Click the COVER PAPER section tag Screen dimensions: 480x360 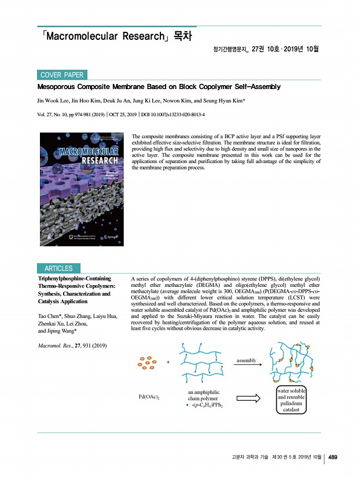pyautogui.click(x=61, y=75)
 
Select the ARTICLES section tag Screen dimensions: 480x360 pyautogui.click(x=58, y=268)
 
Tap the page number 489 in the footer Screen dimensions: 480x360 pyautogui.click(x=333, y=457)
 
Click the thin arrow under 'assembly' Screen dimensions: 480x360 pyautogui.click(x=247, y=365)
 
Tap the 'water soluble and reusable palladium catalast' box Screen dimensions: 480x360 pyautogui.click(x=291, y=400)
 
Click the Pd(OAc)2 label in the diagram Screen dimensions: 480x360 pyautogui.click(x=149, y=397)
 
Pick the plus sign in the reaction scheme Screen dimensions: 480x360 pyautogui.click(x=168, y=363)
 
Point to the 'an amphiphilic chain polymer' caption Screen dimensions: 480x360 pyautogui.click(x=199, y=396)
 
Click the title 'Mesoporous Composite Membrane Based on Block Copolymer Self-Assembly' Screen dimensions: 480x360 pyautogui.click(x=159, y=87)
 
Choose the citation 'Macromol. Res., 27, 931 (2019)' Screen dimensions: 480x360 pyautogui.click(x=75, y=346)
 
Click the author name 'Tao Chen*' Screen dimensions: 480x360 pyautogui.click(x=50, y=315)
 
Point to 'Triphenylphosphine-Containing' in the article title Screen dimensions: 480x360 pyautogui.click(x=74, y=278)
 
